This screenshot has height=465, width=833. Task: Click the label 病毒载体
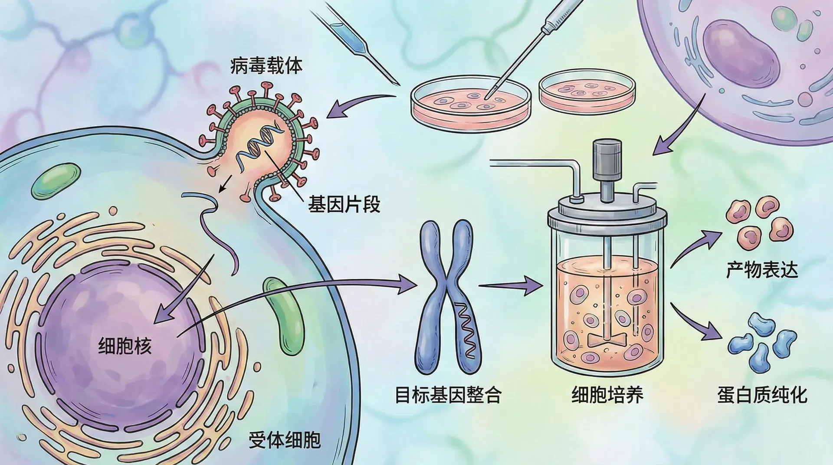tap(266, 66)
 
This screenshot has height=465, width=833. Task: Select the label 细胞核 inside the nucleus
tap(125, 346)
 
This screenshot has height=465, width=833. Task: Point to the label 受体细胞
tap(285, 440)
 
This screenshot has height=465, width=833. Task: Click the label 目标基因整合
tap(448, 395)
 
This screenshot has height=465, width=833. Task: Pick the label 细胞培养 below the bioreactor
tap(607, 395)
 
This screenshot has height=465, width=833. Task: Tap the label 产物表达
tap(762, 270)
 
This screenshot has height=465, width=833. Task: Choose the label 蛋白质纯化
tap(762, 395)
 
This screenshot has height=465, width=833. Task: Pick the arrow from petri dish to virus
tap(356, 106)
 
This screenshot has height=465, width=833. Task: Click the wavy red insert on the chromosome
tap(467, 330)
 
